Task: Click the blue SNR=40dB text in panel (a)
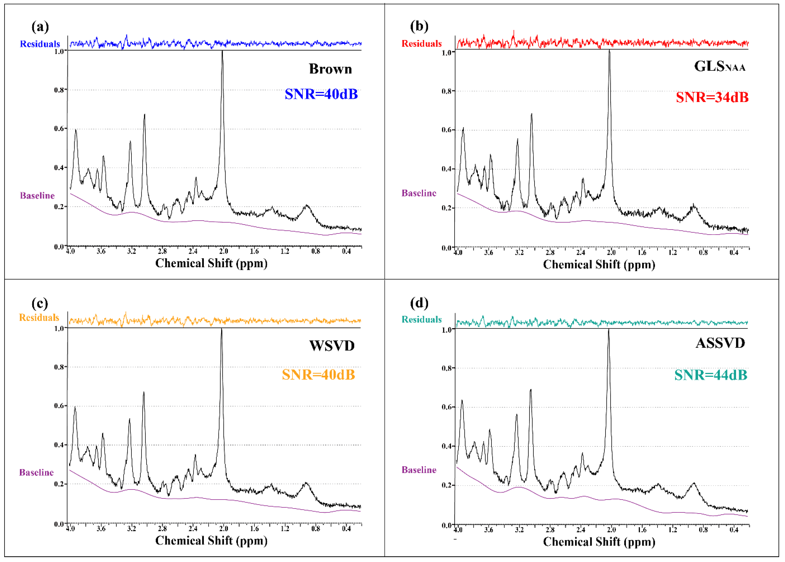pos(321,94)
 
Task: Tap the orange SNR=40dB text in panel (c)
pos(318,375)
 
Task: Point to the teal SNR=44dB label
pos(711,375)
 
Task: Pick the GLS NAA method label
pos(720,66)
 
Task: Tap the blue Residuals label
pos(40,44)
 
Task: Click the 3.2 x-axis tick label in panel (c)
pos(131,529)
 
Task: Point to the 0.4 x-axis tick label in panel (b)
pos(733,253)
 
